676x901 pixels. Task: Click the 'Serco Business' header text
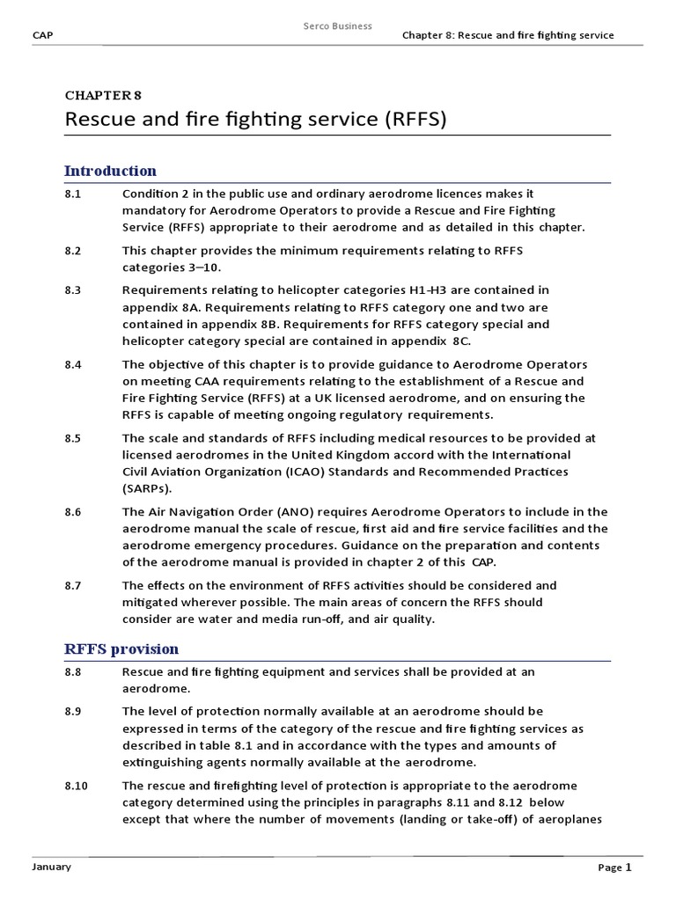pos(337,26)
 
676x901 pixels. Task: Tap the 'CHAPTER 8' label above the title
pos(103,95)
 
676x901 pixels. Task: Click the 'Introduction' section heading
pos(111,171)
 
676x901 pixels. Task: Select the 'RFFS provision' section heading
pos(121,649)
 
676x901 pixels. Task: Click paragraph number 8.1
pos(73,194)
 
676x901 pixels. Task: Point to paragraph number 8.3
pos(73,289)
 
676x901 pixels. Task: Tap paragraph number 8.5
pos(73,437)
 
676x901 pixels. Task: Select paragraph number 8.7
pos(73,585)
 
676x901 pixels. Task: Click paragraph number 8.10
pos(77,786)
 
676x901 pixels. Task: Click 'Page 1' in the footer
pos(615,868)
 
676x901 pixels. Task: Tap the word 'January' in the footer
pos(52,867)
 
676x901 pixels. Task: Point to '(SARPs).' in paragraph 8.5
pos(148,489)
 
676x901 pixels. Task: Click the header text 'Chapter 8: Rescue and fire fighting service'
pos(508,35)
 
